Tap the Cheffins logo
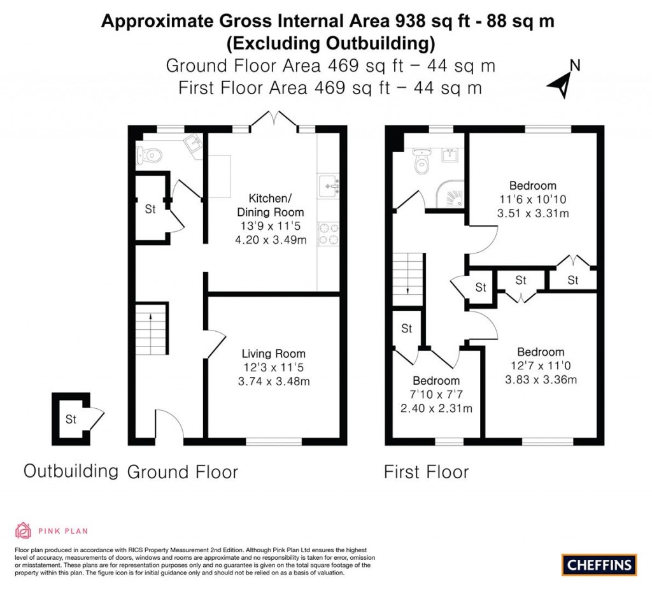click(x=599, y=564)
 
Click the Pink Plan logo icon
click(x=23, y=530)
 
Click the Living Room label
click(x=273, y=353)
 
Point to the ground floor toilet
click(x=148, y=154)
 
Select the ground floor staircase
click(x=151, y=329)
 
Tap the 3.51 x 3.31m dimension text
click(x=532, y=213)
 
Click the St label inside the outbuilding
click(x=71, y=419)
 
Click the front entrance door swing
click(x=169, y=424)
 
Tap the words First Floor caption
click(x=426, y=472)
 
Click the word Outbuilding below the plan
click(x=71, y=471)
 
